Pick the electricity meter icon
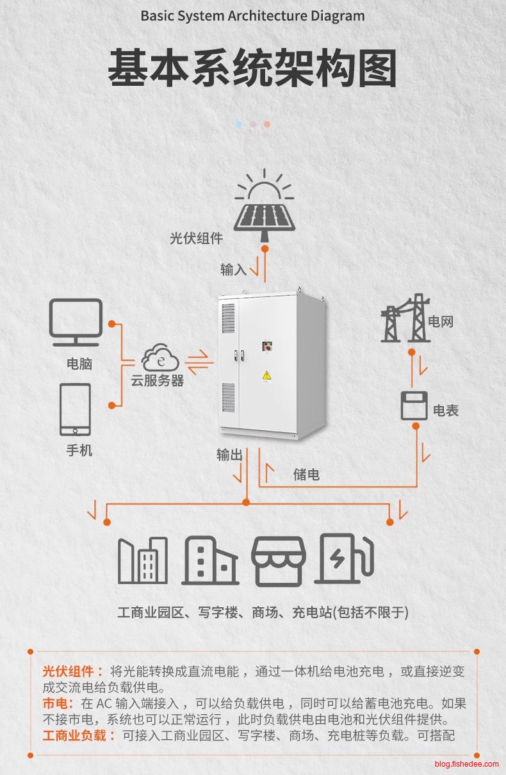click(414, 405)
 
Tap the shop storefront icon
click(278, 561)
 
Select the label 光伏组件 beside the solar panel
click(196, 239)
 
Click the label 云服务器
click(158, 380)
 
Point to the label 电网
click(441, 322)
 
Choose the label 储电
click(306, 475)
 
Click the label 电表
click(446, 411)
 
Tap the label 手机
click(79, 451)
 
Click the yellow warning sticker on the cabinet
click(267, 375)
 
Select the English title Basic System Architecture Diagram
click(252, 16)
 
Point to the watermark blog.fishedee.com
click(466, 764)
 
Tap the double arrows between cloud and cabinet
click(200, 358)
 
